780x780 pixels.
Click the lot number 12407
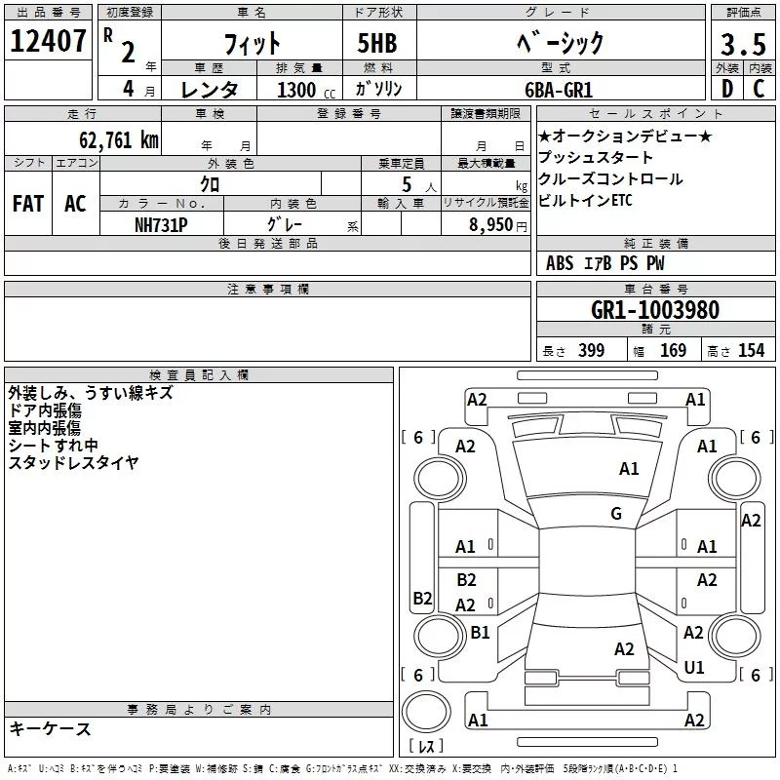point(48,41)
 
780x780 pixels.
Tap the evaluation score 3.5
point(743,44)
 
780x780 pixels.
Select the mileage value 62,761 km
point(118,139)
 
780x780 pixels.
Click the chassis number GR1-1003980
point(655,309)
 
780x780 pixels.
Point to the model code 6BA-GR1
point(559,90)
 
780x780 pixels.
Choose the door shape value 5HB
point(377,43)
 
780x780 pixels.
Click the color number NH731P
point(161,225)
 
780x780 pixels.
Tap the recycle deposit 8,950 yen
point(497,225)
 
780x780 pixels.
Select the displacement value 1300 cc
point(306,90)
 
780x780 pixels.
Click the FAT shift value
point(28,204)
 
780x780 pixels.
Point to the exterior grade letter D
point(726,89)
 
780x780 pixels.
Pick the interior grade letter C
point(759,89)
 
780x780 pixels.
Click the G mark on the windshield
point(616,514)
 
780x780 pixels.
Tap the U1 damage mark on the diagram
point(694,667)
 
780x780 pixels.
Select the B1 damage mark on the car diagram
point(480,632)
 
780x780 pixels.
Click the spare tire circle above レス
point(426,712)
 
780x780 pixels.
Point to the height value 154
point(751,350)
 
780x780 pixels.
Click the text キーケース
point(50,728)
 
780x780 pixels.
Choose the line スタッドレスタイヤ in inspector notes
point(73,462)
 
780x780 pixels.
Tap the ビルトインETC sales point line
point(585,200)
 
